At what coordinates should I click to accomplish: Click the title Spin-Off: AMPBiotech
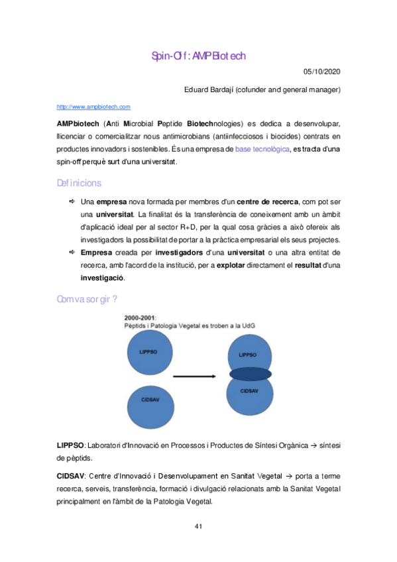[198, 56]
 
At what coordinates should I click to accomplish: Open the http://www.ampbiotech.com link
[93, 106]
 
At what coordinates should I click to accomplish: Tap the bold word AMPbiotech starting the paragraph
[78, 124]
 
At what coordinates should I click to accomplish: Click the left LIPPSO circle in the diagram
[148, 351]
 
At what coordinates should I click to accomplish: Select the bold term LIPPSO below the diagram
[70, 444]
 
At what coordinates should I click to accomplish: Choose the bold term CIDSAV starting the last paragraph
[70, 476]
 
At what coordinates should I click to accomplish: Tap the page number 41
[198, 526]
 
